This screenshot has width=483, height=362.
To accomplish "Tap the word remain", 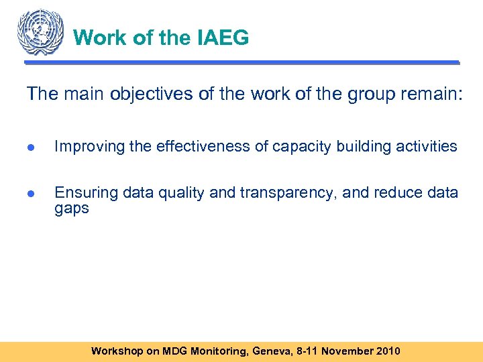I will pyautogui.click(x=431, y=94).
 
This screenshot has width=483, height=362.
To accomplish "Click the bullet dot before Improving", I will pyautogui.click(x=32, y=147).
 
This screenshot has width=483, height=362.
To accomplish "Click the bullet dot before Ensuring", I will pyautogui.click(x=32, y=194).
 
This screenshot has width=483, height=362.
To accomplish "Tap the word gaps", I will pyautogui.click(x=71, y=208).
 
